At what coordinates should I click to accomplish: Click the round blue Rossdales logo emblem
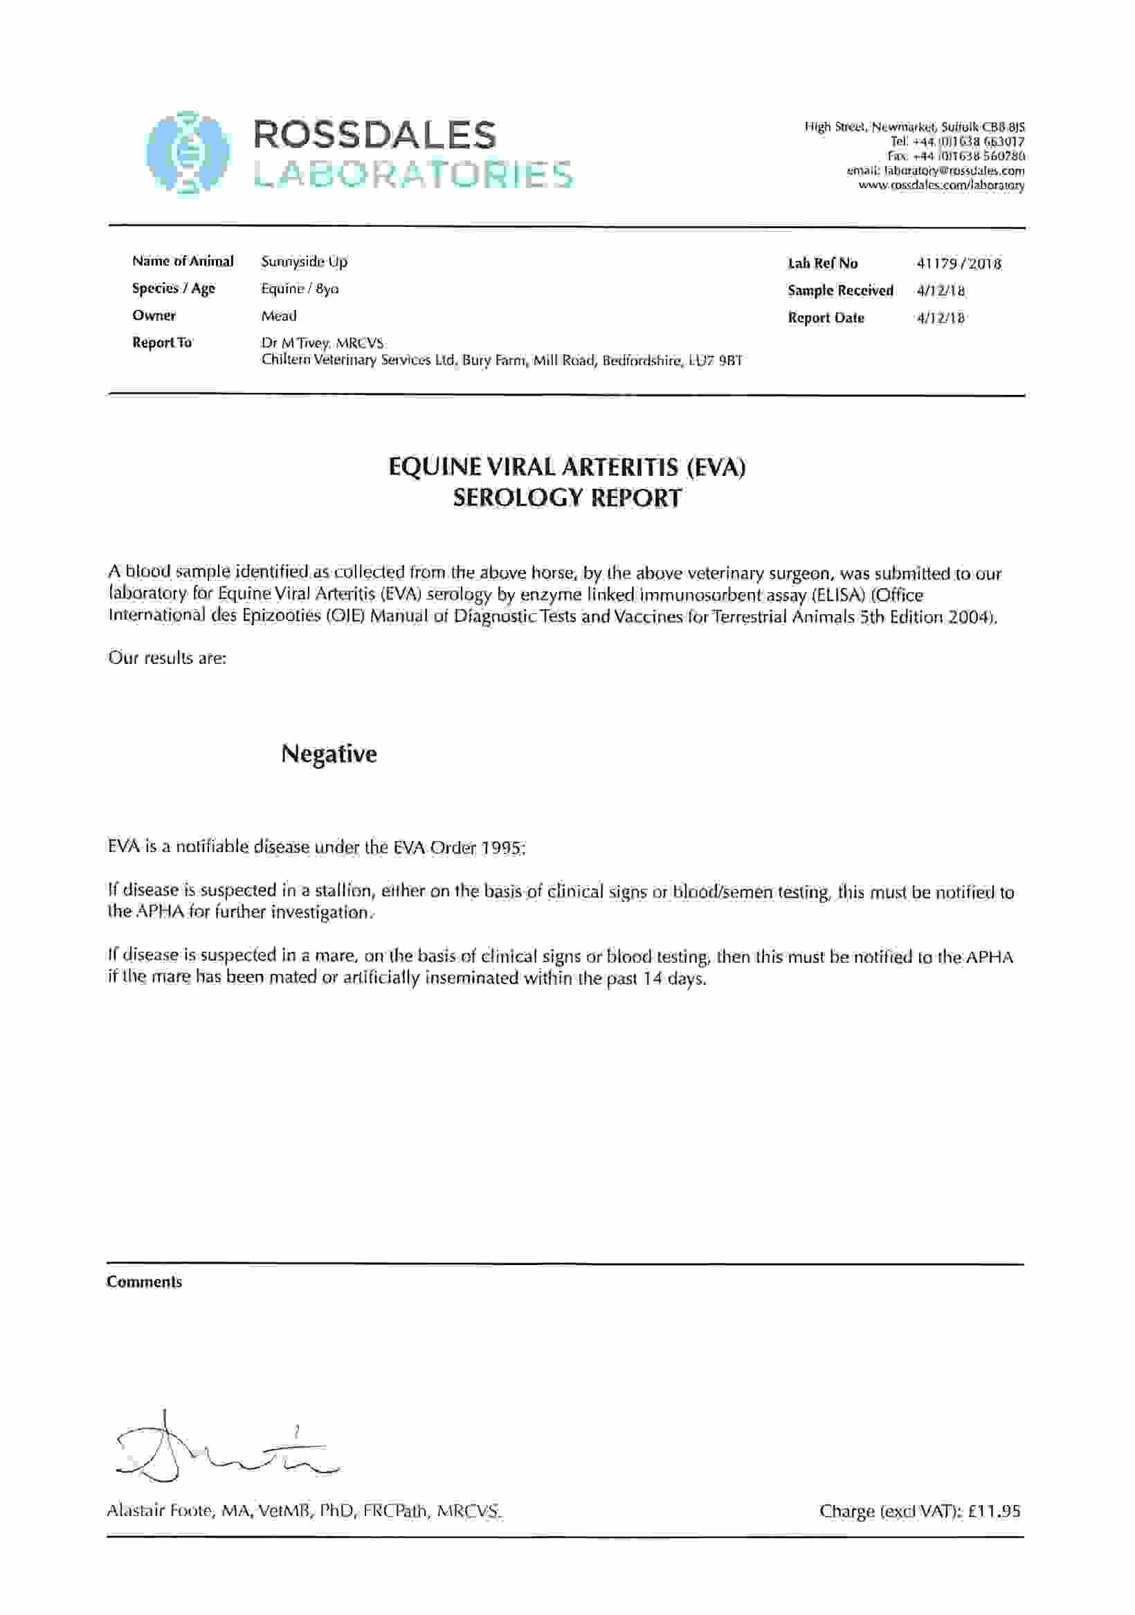pos(188,152)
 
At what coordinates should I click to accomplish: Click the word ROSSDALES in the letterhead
pos(374,134)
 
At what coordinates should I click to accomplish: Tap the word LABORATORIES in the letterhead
pos(413,174)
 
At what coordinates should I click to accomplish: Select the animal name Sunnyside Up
pos(304,261)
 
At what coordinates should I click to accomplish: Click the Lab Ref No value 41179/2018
pos(959,264)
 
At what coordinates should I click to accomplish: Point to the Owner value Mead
pos(279,316)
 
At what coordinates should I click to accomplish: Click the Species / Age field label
pos(173,288)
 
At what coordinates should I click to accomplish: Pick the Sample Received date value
pos(940,290)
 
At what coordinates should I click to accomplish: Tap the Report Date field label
pos(826,318)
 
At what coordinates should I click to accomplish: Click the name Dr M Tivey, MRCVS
pos(323,343)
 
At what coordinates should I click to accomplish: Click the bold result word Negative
pos(329,754)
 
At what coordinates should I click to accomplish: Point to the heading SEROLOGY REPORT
pos(566,498)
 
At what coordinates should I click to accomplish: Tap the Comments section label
pos(144,1282)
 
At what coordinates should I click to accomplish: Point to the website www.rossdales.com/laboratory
pos(941,185)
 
